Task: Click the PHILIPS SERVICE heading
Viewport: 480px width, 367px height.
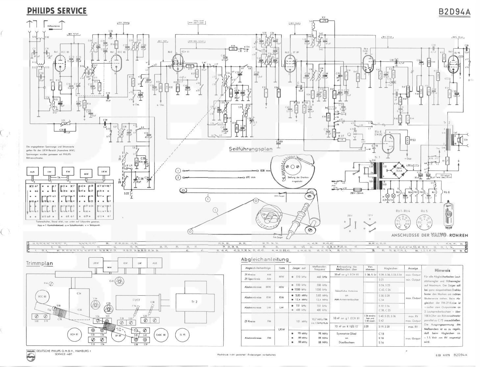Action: click(x=57, y=11)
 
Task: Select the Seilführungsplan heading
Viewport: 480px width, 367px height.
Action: click(x=251, y=149)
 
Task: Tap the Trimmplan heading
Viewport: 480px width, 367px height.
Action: click(x=39, y=263)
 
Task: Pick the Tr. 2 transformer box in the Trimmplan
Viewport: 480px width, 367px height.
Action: click(x=191, y=302)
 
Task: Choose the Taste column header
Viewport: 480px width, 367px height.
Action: click(x=281, y=268)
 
